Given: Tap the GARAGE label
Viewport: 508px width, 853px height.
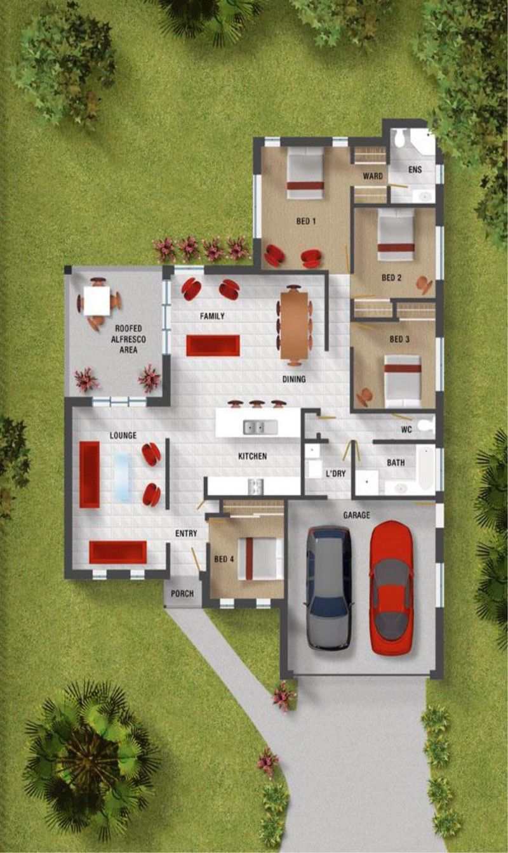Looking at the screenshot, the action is coord(356,515).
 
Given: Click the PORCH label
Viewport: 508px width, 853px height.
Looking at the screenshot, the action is coord(182,593).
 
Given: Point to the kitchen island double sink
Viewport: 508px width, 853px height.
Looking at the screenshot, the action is coord(260,427).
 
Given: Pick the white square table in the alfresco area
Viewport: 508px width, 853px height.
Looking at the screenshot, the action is coord(97,300).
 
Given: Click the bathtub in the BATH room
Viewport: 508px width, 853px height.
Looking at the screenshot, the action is coord(425,468).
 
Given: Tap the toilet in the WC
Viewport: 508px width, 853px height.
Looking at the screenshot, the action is coord(425,425).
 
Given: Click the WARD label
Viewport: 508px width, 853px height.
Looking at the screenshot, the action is coord(372,176).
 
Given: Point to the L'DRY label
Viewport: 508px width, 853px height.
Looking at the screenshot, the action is coord(335,473).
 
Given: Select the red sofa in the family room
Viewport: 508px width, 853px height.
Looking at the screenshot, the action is coord(213,345).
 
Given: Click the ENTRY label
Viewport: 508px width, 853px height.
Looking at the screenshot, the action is coord(186,534).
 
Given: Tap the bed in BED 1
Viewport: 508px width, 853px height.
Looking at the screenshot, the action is coord(305,173).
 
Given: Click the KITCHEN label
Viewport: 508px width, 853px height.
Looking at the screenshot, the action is coord(252,456).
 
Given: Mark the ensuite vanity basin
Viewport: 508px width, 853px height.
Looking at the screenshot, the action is coord(423,197).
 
